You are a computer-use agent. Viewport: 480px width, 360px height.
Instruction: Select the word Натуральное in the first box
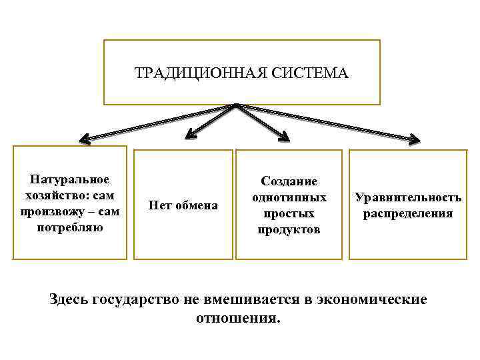(70, 179)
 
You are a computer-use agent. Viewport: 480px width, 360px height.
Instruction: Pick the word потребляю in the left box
(70, 227)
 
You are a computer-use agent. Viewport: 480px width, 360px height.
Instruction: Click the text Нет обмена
(183, 205)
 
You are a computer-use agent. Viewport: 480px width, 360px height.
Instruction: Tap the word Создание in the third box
(289, 181)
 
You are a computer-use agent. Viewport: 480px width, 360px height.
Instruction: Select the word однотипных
(289, 197)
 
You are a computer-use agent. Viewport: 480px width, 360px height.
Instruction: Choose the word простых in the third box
(289, 213)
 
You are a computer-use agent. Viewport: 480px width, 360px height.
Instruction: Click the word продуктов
(289, 230)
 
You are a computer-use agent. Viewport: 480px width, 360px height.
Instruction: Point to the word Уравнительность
(408, 197)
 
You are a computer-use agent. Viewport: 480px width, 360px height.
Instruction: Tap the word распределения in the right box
(408, 213)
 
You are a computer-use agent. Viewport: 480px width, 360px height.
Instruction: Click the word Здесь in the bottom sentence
(71, 299)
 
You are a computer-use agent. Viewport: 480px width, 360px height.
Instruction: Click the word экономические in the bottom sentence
(375, 299)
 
